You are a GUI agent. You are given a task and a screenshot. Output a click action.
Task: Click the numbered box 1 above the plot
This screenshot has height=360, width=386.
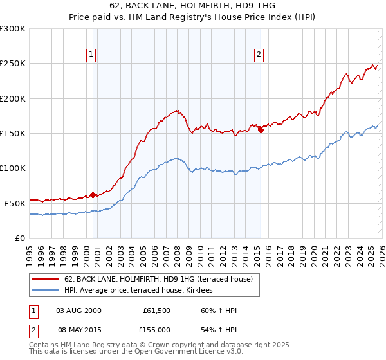click(92, 55)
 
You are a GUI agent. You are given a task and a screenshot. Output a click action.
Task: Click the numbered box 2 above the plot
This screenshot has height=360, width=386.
click(259, 55)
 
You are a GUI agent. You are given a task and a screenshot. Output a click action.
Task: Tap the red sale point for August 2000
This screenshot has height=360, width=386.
click(93, 195)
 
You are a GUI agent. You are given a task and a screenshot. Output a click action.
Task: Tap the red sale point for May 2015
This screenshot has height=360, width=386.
click(261, 130)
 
